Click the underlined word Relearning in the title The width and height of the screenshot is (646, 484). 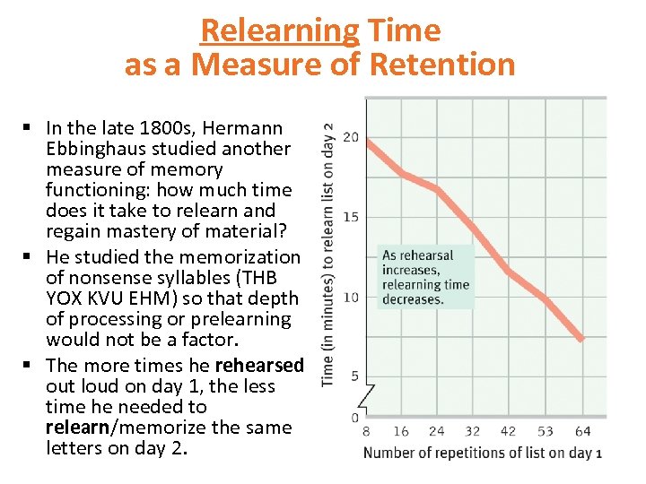279,30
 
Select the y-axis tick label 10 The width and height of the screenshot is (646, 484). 353,297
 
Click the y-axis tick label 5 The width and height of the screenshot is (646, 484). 355,376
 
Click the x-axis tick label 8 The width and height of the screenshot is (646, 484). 366,431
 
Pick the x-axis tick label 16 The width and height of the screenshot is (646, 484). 400,431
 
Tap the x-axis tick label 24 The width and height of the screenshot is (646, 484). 436,431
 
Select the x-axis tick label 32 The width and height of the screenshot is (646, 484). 472,431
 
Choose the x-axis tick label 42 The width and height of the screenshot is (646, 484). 508,431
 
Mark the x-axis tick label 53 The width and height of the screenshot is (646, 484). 545,431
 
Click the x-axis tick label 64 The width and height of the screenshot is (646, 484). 581,431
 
